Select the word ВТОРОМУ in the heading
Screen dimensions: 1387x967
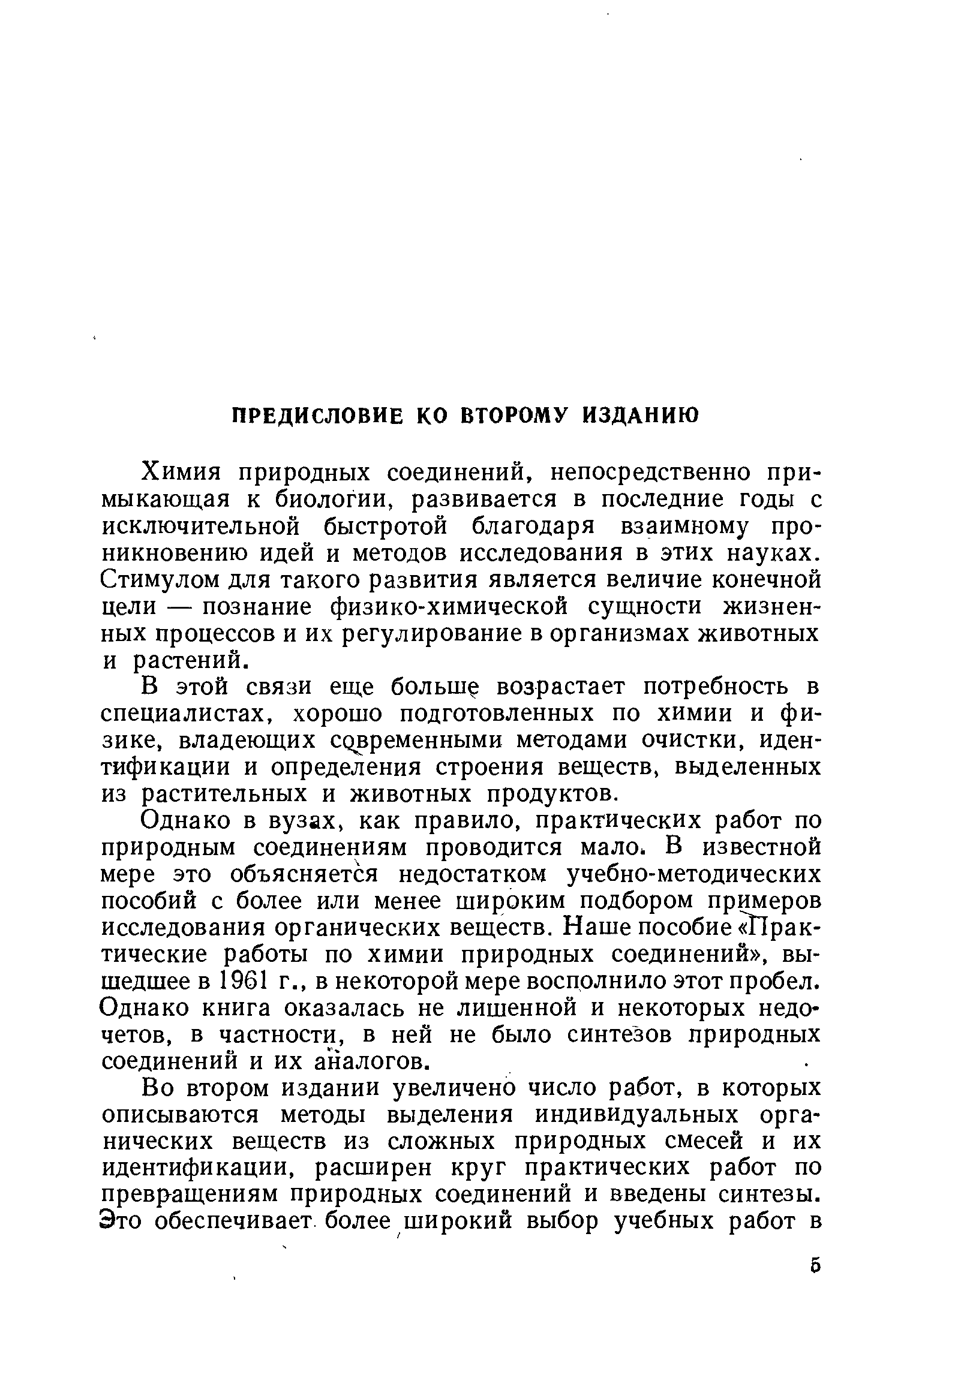coord(515,416)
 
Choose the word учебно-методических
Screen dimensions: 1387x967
coord(693,874)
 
